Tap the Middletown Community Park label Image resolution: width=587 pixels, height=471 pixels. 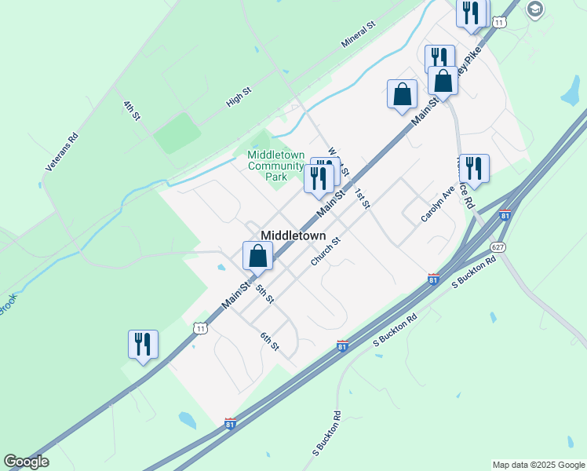click(275, 166)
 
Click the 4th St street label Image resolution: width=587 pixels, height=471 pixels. click(131, 111)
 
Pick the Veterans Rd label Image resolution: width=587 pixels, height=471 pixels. click(63, 152)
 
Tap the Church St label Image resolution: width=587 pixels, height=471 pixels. click(323, 252)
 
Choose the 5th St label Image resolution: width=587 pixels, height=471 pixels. click(264, 294)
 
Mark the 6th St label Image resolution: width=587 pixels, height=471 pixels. click(270, 341)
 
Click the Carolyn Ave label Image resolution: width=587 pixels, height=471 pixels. click(437, 204)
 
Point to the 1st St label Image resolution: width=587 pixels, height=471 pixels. click(361, 199)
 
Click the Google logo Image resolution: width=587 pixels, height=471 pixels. click(26, 462)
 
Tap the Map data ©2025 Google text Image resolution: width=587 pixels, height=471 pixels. click(538, 465)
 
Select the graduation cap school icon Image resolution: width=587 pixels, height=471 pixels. click(535, 9)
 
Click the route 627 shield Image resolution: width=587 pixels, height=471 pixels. click(500, 246)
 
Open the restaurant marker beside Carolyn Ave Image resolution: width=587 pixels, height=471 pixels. click(474, 168)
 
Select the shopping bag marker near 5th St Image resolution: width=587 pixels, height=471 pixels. click(257, 255)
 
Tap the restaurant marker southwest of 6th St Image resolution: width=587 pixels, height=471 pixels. click(143, 344)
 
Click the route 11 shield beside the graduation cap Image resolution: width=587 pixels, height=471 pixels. click(500, 23)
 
